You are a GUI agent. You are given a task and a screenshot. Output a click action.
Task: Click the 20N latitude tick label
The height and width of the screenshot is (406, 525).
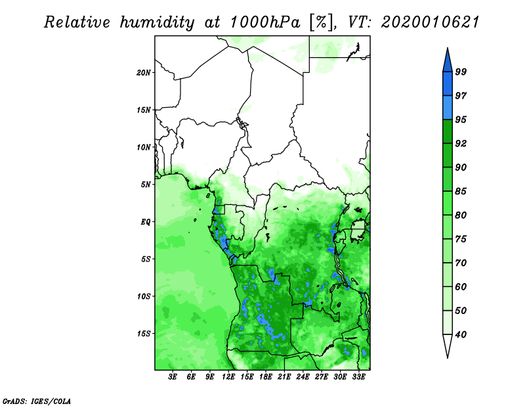(144, 72)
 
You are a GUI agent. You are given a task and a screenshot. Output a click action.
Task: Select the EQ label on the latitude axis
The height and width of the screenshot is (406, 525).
(146, 222)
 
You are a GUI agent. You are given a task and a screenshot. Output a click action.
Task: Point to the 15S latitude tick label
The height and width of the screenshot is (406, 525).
(144, 334)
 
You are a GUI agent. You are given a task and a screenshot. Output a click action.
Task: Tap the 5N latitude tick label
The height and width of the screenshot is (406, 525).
(146, 185)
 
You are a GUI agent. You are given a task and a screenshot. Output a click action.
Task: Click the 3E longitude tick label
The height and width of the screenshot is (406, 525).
(173, 377)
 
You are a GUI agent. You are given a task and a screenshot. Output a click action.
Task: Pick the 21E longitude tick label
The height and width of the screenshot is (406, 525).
(284, 377)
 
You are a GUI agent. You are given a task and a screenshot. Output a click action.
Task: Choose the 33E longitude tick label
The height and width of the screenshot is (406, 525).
(358, 377)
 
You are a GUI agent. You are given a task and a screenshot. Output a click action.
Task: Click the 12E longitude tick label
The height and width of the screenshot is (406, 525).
(228, 377)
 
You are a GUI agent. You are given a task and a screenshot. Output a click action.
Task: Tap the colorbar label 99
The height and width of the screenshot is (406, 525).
(461, 72)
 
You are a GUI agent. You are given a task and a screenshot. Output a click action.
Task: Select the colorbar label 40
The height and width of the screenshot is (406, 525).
(461, 334)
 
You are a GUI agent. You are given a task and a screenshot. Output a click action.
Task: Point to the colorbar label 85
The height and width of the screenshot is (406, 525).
(461, 191)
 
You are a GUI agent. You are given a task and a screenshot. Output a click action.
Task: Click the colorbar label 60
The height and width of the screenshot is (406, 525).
(461, 287)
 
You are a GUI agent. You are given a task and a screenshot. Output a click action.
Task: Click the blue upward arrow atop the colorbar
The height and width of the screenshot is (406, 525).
(447, 60)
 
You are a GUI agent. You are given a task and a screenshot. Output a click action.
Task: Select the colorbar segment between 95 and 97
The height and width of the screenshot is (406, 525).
(447, 107)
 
